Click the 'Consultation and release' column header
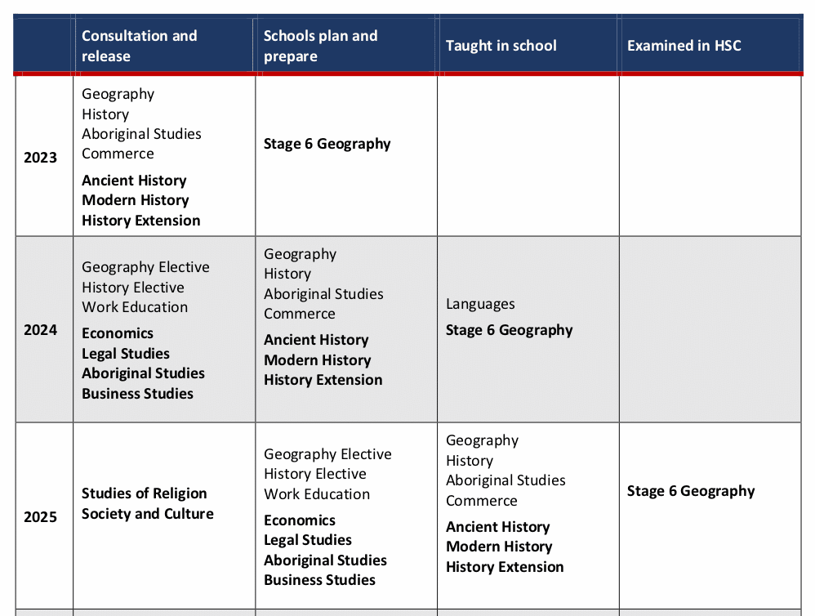click(139, 46)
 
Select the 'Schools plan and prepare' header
click(320, 46)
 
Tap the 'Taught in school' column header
click(501, 46)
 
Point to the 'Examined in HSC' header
click(684, 46)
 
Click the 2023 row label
click(40, 158)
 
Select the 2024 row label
click(40, 330)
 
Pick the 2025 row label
click(40, 516)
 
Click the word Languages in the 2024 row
click(480, 304)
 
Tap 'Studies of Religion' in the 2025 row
click(144, 493)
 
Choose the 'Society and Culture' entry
click(147, 514)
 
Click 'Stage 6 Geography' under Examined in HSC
click(691, 491)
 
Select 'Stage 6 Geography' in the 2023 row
click(327, 144)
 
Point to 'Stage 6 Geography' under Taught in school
click(509, 330)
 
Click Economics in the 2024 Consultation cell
click(118, 333)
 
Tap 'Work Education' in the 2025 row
click(317, 494)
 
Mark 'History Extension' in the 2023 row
click(140, 221)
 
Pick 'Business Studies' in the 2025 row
click(319, 580)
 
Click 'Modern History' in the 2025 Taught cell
click(499, 547)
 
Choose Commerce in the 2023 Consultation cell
click(118, 154)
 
